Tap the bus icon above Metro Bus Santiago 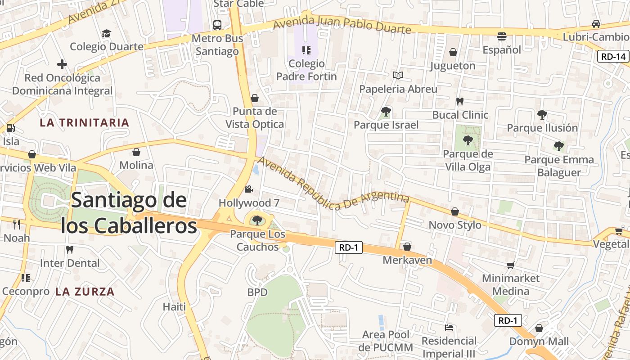pos(217,25)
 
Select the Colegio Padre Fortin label pos(306,70)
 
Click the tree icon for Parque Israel pos(386,111)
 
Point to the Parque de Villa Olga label pos(468,161)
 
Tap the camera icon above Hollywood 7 pos(248,189)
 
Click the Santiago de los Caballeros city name pos(129,212)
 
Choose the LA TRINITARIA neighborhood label pos(84,122)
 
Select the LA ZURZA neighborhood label pos(85,292)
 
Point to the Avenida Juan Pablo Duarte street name pos(342,25)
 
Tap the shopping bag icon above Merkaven pos(407,247)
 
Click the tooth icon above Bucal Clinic pos(460,101)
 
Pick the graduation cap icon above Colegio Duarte pos(106,34)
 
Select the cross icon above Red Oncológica pos(62,64)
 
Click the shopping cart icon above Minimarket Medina pos(510,265)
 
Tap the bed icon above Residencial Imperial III pos(449,327)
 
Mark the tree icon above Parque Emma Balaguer pos(559,146)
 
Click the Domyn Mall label pos(539,342)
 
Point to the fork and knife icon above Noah pos(17,224)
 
